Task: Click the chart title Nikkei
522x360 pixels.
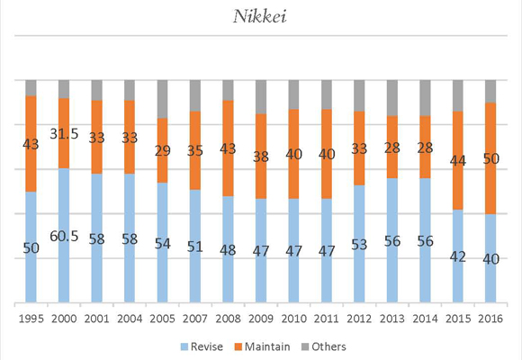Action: (x=261, y=16)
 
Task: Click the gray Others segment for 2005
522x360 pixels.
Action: (x=162, y=98)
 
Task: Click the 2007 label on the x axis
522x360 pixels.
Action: (x=194, y=317)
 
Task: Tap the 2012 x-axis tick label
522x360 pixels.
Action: (x=359, y=317)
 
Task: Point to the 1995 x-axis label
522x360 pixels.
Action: (x=31, y=317)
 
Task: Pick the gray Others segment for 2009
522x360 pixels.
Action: (x=260, y=96)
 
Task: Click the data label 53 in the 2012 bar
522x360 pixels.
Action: (x=359, y=246)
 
